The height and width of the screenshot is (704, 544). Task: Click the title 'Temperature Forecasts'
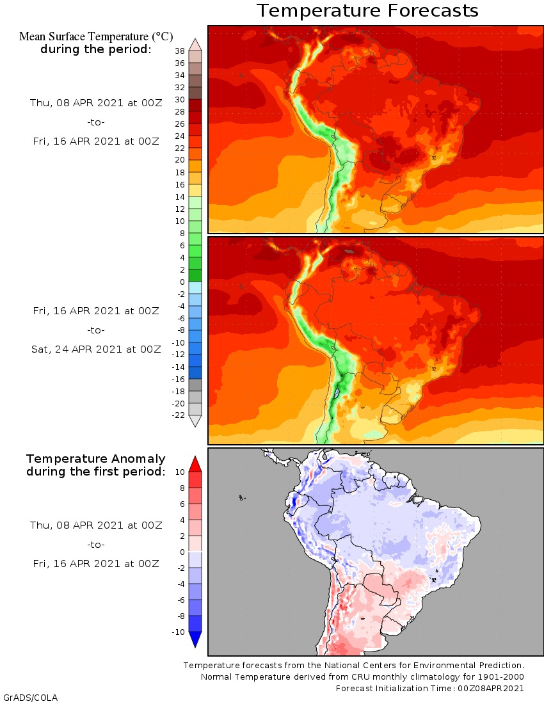tap(367, 11)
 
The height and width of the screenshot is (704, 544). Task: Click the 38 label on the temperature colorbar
tap(180, 51)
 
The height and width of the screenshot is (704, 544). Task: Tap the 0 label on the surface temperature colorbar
tap(182, 282)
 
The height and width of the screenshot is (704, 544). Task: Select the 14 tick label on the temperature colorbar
tap(180, 196)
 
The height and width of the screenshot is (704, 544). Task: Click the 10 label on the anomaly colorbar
tap(180, 472)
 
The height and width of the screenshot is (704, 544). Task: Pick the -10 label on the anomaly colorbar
tap(178, 632)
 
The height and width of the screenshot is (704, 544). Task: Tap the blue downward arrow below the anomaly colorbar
tap(196, 639)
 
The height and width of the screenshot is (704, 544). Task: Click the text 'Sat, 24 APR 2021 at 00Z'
tap(96, 349)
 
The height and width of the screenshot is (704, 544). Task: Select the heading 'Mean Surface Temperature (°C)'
tap(96, 36)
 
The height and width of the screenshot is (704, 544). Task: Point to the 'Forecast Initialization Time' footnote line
tap(430, 688)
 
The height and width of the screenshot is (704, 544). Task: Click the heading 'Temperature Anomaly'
tap(96, 459)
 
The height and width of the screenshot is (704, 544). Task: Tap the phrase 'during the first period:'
tap(96, 472)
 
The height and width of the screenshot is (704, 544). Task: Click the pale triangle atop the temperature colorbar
tap(196, 44)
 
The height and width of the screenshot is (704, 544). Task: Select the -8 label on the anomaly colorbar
tap(180, 616)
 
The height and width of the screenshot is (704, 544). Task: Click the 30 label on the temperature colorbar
tap(180, 99)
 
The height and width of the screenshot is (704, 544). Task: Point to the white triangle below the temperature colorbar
tap(196, 421)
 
